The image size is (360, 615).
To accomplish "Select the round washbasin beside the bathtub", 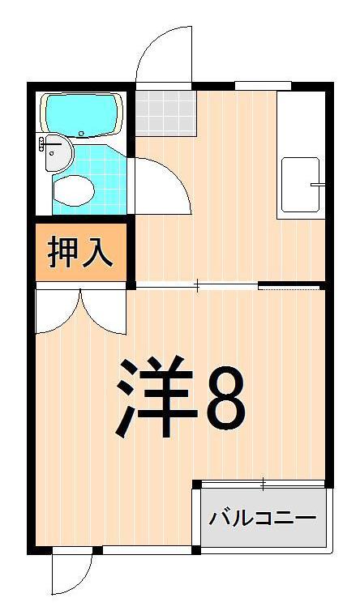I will (x=56, y=152).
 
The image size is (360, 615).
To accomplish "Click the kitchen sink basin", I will (x=302, y=186).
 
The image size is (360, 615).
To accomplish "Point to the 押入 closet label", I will (x=80, y=252).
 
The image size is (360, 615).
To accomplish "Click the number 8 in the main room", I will (x=226, y=399).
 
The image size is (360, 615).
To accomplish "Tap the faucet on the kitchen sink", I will (x=317, y=186).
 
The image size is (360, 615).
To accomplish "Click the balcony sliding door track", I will (x=263, y=484).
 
